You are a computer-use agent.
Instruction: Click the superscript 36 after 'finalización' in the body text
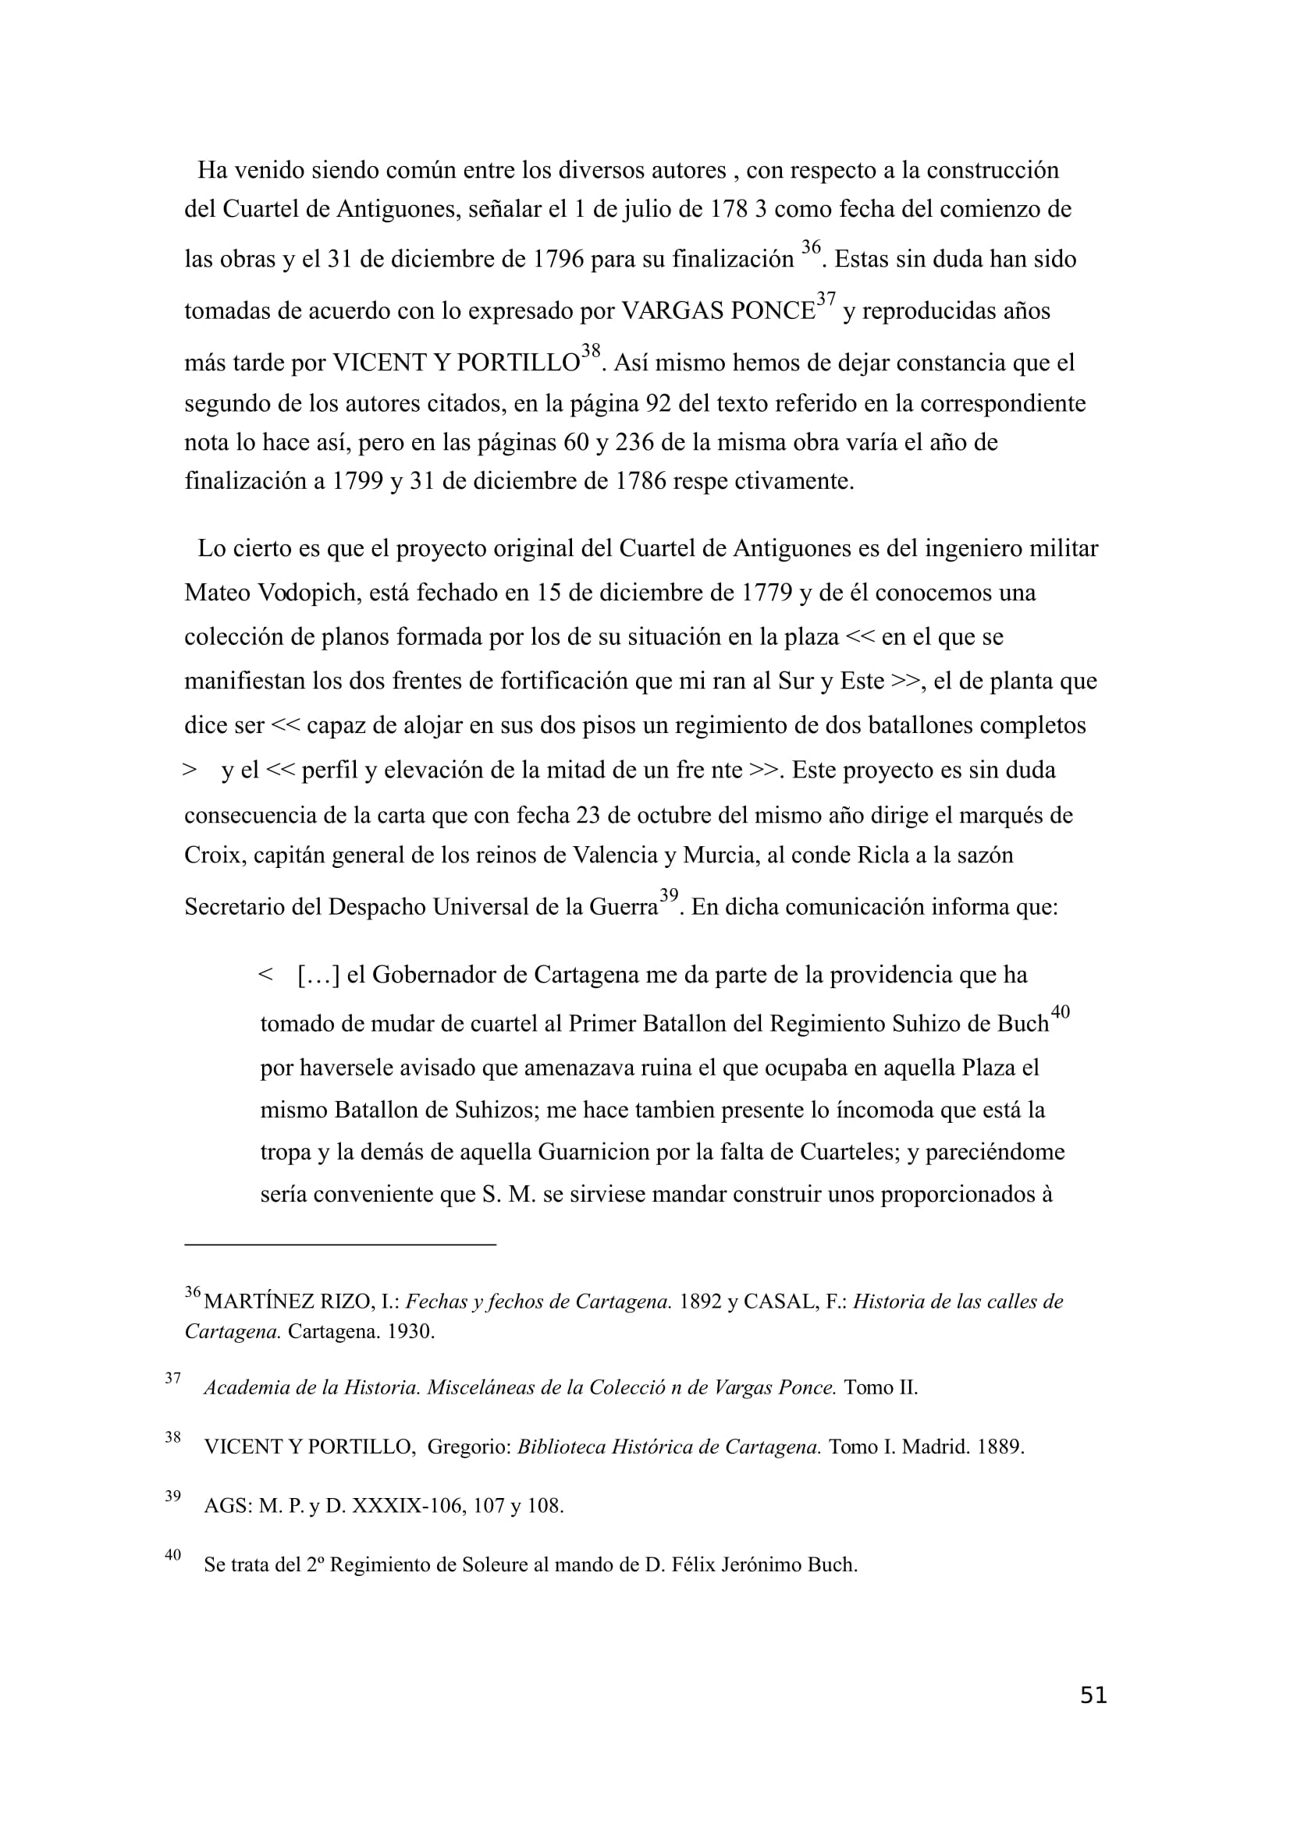pos(810,248)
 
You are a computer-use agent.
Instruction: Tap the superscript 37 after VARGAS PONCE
pos(826,299)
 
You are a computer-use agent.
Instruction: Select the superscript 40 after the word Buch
pos(1060,1012)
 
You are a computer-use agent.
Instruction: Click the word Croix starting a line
pos(212,855)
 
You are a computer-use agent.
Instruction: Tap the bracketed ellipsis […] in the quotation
pos(318,975)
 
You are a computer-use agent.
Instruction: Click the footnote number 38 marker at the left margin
pos(172,1436)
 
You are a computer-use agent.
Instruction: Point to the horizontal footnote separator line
pos(340,1244)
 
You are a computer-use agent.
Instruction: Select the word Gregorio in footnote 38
pos(468,1447)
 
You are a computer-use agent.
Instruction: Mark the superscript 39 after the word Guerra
pos(669,896)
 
